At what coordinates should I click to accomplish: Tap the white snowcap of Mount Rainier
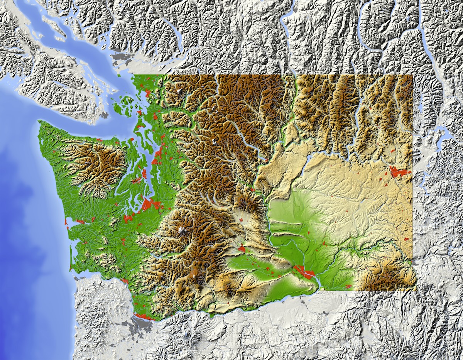click(x=181, y=230)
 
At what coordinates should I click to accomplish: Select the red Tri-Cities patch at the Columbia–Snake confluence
click(x=305, y=272)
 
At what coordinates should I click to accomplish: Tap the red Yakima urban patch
click(x=242, y=249)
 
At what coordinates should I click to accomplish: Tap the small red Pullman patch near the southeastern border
click(x=406, y=240)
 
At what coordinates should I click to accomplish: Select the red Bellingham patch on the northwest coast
click(x=148, y=93)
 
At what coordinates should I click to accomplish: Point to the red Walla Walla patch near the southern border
click(x=348, y=286)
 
